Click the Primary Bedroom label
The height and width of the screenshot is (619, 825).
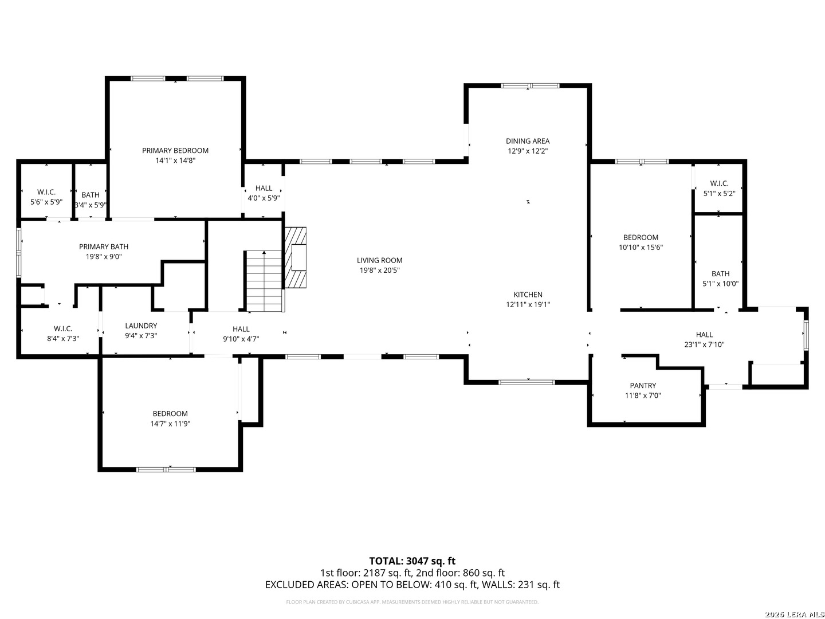pos(175,151)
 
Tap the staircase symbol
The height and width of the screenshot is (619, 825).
pos(264,281)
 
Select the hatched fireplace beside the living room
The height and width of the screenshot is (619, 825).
pos(296,257)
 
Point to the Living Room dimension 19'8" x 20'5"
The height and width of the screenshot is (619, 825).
pos(379,271)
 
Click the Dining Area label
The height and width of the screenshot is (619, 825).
pos(528,141)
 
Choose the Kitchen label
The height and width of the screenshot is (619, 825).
pos(528,295)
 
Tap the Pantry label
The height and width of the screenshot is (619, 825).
pos(643,386)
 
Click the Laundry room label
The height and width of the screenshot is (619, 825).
pos(141,326)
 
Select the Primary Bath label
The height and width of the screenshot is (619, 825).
pos(104,246)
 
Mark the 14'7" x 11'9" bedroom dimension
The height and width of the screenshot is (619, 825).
pos(170,424)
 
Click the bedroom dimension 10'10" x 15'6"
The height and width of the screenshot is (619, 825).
pos(641,248)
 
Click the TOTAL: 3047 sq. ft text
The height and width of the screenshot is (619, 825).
pos(412,561)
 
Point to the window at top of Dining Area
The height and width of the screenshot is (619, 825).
pos(529,86)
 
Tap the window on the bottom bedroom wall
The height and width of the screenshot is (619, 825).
pos(166,469)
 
